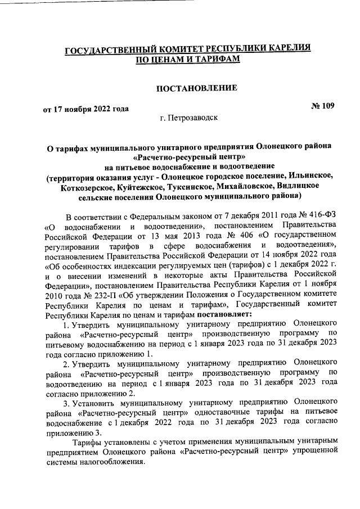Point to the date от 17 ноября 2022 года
tap(86, 109)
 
